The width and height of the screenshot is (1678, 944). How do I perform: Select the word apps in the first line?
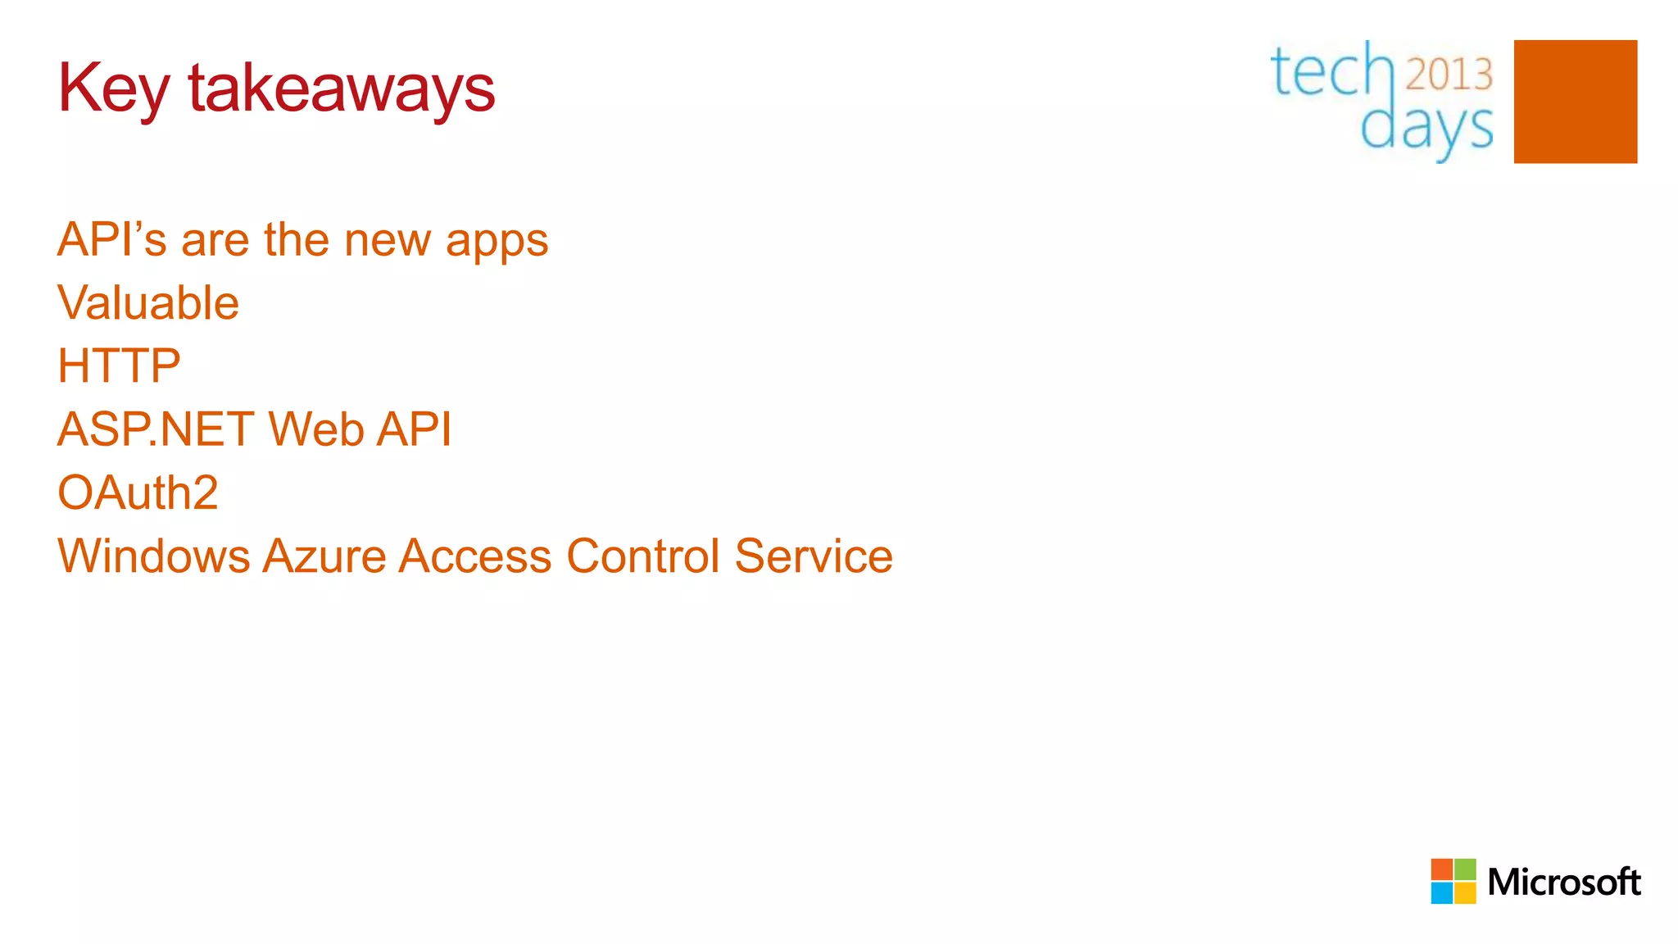(x=497, y=242)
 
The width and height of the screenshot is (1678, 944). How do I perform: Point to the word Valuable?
(x=148, y=303)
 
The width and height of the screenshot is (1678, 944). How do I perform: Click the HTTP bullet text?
(x=119, y=365)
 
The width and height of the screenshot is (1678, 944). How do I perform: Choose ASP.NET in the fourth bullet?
(x=156, y=429)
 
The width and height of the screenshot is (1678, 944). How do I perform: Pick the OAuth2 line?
(x=138, y=492)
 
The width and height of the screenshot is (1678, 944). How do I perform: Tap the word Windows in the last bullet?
(x=153, y=556)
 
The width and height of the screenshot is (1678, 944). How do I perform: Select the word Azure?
(x=324, y=556)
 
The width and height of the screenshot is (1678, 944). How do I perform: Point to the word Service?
(x=813, y=556)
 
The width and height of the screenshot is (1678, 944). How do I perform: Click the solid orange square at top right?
(x=1575, y=102)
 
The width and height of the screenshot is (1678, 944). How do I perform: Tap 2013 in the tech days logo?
(x=1449, y=75)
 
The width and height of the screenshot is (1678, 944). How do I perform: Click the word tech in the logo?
(x=1331, y=72)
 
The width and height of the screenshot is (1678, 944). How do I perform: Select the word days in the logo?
(x=1426, y=129)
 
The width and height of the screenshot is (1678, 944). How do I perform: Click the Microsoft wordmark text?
(x=1563, y=883)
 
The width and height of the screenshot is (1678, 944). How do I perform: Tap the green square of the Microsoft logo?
(x=1465, y=869)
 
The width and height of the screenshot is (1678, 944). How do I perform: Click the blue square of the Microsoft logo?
(x=1441, y=893)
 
